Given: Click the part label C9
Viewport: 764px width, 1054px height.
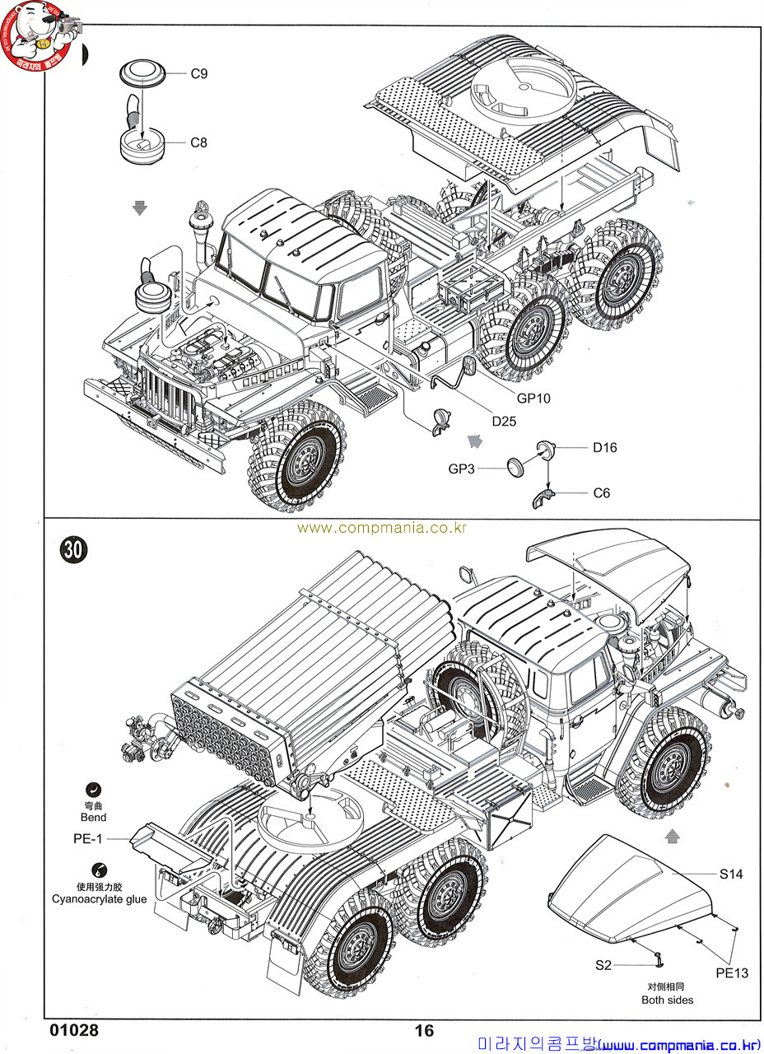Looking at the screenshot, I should click(x=199, y=74).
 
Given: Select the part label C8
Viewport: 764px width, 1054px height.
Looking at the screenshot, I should click(x=199, y=142).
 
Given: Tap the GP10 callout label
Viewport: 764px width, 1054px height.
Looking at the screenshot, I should click(x=533, y=398).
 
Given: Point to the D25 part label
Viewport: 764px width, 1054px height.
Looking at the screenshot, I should click(x=505, y=421).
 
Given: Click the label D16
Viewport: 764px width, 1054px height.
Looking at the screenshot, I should click(x=604, y=448).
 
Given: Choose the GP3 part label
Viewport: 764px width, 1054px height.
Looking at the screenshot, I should click(x=463, y=469).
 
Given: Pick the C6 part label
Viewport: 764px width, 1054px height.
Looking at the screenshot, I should click(x=602, y=493).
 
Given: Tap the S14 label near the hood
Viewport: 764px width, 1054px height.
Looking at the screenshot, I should click(x=731, y=874).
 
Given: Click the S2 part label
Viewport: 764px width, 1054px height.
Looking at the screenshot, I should click(x=603, y=964).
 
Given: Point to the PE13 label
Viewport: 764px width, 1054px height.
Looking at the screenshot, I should click(x=731, y=973).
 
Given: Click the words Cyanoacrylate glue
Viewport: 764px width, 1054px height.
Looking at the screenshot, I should click(x=100, y=899).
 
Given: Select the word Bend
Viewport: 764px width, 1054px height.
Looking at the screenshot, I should click(x=94, y=818).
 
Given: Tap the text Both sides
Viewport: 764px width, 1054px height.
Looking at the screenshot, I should click(x=667, y=1000).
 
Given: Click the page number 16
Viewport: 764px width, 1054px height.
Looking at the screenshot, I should click(x=423, y=1030).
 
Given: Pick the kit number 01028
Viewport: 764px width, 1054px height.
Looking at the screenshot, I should click(x=74, y=1030).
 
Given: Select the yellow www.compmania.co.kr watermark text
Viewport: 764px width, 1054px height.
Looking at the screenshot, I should click(x=382, y=528).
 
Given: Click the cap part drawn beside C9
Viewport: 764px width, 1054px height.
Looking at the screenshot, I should click(x=142, y=73).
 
